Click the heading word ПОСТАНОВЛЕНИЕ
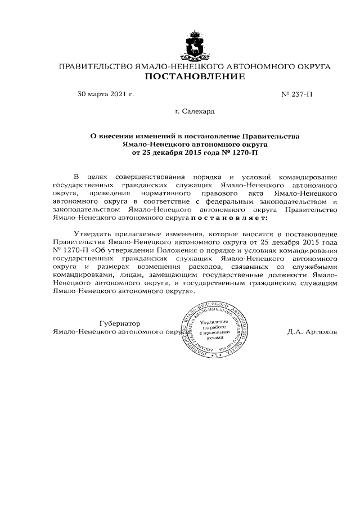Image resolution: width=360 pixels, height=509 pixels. (x=195, y=76)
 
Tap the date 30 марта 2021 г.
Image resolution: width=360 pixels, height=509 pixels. (x=106, y=94)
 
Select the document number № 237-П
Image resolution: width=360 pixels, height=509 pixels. (x=296, y=94)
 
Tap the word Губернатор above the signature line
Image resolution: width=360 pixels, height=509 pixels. (x=119, y=323)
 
